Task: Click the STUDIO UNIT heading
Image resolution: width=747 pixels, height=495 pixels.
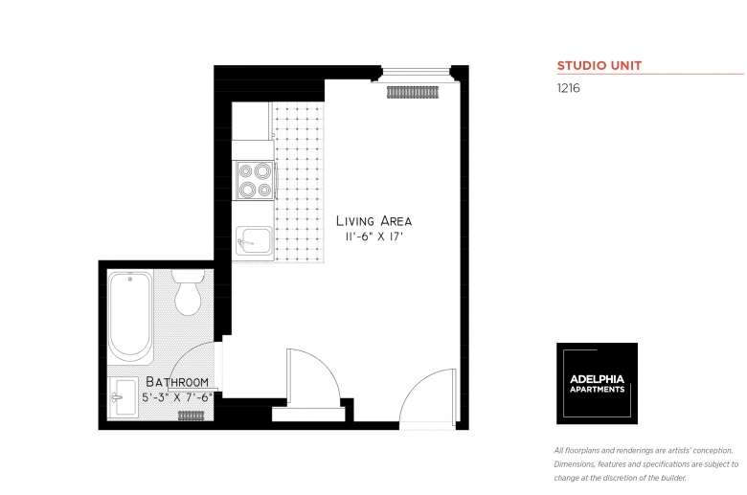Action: pos(600,66)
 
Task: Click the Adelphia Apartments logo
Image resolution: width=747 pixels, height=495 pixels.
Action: pos(597,383)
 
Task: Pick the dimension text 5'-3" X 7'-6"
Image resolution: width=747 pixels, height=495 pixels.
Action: pos(177,396)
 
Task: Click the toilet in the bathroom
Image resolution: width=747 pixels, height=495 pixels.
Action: pos(188,291)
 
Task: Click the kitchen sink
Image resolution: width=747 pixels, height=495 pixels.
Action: pos(254,239)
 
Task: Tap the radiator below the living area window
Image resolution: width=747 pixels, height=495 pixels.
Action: pos(413,92)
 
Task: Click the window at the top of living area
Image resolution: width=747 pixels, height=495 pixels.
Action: pos(417,70)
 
